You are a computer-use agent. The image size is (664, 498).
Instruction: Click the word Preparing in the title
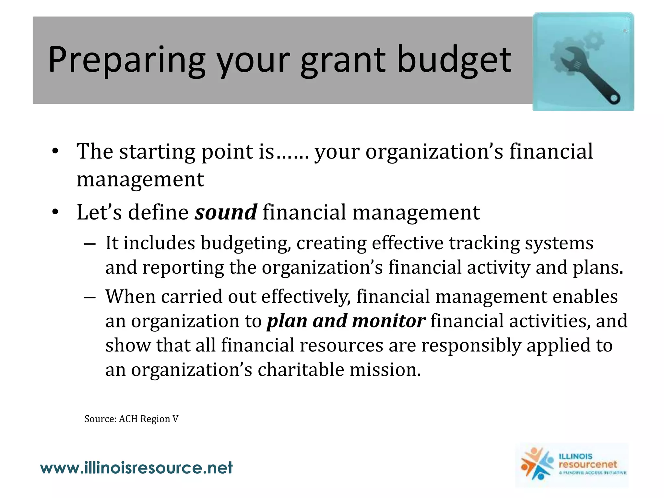pos(126,60)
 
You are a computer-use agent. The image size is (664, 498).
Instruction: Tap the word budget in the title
pos(454,60)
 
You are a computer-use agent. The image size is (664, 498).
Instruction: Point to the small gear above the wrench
pos(594,41)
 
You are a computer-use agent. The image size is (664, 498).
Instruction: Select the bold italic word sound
pos(226,212)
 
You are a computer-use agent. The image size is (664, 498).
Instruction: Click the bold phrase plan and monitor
pos(346,321)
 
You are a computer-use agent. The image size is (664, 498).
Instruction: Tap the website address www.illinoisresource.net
pos(136,468)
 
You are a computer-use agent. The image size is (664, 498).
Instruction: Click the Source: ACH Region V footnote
pos(131,419)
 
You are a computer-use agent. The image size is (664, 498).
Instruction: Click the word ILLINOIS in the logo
pos(575,456)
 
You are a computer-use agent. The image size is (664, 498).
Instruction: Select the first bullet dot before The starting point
pos(55,151)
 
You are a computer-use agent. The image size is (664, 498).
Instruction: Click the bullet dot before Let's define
pos(55,212)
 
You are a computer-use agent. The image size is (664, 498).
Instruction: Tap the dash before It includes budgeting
pos(90,243)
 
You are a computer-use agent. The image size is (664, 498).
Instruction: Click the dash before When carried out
pos(90,297)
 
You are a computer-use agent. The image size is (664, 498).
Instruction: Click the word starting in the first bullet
pos(157,151)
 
